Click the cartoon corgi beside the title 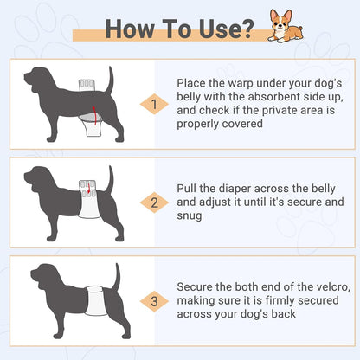pyautogui.click(x=285, y=26)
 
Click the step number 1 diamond pyautogui.click(x=154, y=104)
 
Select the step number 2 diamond pyautogui.click(x=154, y=202)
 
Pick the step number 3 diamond pyautogui.click(x=154, y=301)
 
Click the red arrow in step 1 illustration pyautogui.click(x=94, y=115)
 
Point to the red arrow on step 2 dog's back pyautogui.click(x=89, y=188)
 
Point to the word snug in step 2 pyautogui.click(x=190, y=215)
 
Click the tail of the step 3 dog pyautogui.click(x=117, y=276)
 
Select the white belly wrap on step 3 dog pyautogui.click(x=94, y=300)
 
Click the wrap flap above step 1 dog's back pyautogui.click(x=87, y=86)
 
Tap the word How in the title pyautogui.click(x=130, y=29)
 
